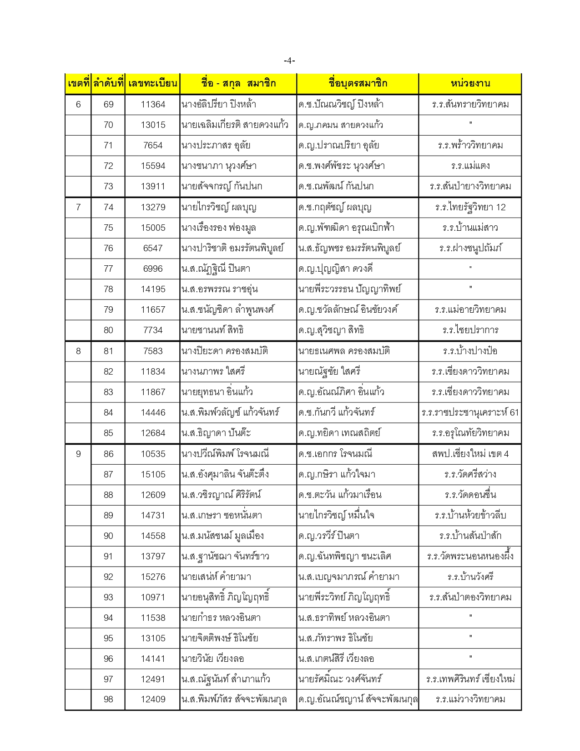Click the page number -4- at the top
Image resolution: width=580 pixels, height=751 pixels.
click(289, 61)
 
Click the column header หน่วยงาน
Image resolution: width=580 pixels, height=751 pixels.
click(470, 83)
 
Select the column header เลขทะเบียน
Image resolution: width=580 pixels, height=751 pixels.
click(152, 83)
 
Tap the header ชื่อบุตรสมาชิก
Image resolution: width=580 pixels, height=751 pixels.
click(358, 83)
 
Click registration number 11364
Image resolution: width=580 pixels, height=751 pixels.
click(153, 104)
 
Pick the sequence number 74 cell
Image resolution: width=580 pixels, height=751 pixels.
click(108, 207)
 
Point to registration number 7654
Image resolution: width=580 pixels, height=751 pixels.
click(153, 145)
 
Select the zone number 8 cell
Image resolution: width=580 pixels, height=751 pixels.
click(78, 351)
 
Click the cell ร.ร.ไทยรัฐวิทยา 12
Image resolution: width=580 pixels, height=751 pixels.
click(470, 207)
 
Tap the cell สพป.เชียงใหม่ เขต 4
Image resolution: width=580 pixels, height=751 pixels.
click(470, 454)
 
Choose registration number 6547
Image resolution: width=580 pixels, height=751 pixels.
click(153, 248)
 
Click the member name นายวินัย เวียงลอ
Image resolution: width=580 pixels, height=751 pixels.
click(212, 659)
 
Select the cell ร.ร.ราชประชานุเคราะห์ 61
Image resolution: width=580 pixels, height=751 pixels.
click(470, 412)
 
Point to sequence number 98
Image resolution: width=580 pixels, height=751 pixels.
click(108, 699)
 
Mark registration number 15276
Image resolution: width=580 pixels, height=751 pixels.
click(153, 577)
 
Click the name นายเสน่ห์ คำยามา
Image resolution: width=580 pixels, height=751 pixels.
click(216, 577)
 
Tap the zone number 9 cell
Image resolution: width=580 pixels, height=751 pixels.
click(78, 454)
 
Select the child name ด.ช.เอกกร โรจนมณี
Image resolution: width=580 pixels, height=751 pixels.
click(335, 454)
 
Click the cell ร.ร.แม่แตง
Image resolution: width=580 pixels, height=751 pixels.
click(470, 166)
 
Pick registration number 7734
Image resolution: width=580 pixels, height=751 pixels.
click(153, 330)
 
